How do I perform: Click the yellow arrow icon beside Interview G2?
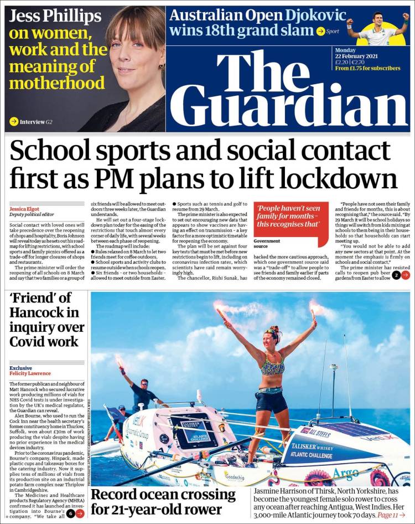[14, 121]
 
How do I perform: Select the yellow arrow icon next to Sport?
[320, 31]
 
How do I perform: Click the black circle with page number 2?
[396, 275]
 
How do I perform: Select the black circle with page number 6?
[70, 513]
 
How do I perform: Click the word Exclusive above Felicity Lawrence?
[20, 368]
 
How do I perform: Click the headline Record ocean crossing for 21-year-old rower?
[163, 501]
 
